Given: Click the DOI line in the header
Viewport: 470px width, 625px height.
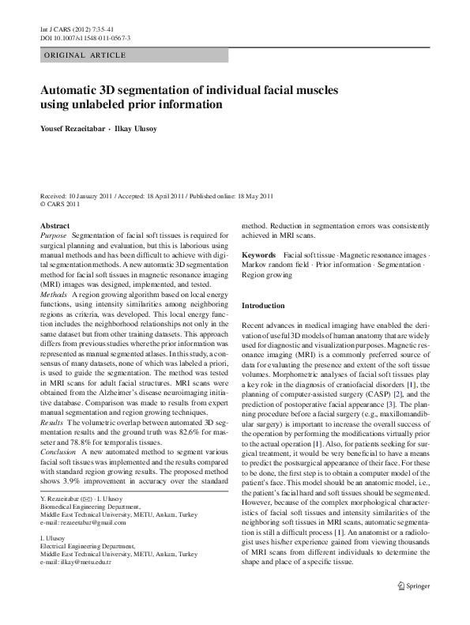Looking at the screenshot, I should (x=85, y=38).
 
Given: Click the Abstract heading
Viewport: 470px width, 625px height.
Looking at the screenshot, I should (x=55, y=225).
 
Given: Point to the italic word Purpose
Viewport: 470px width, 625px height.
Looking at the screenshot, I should (x=54, y=235).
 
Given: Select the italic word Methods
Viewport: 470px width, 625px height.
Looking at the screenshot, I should (x=54, y=293).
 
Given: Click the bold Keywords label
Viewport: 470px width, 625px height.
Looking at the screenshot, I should (x=258, y=256).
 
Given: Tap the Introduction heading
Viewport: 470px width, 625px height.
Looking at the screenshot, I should (x=263, y=306).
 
